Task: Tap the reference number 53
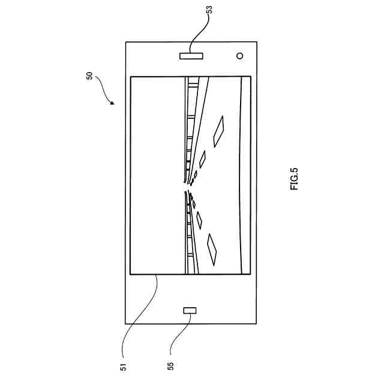209,10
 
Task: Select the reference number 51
122,365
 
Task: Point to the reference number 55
171,365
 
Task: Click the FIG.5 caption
294,178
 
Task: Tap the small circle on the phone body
239,56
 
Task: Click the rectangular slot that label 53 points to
191,56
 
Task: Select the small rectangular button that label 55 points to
190,310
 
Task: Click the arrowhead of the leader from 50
113,103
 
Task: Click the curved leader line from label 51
138,312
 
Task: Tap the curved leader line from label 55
180,333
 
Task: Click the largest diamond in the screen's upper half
220,130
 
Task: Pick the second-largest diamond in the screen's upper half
203,159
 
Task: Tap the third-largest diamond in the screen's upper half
195,176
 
